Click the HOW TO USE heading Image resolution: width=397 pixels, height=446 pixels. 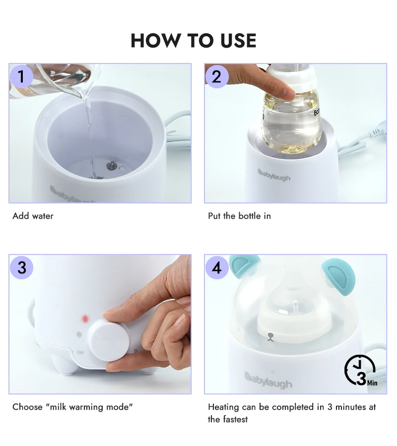click(194, 40)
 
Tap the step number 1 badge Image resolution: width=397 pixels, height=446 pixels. click(21, 76)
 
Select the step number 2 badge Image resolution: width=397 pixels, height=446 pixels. click(217, 76)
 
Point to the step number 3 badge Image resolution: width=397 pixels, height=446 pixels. click(21, 267)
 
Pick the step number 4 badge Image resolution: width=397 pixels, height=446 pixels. click(217, 267)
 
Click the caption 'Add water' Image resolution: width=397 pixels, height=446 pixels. click(33, 216)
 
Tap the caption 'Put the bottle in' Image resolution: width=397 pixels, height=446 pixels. click(239, 216)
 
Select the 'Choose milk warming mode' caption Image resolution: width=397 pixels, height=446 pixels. click(72, 407)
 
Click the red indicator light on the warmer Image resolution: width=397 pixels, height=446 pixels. click(85, 319)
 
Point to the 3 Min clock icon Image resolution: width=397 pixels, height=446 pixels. click(360, 370)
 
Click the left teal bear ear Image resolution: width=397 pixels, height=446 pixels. click(244, 265)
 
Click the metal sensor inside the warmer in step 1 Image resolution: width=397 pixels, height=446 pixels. click(112, 166)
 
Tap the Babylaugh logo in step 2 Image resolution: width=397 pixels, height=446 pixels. click(274, 175)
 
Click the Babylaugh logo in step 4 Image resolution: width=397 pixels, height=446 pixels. click(268, 380)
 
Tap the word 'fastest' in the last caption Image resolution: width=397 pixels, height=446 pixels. click(235, 419)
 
